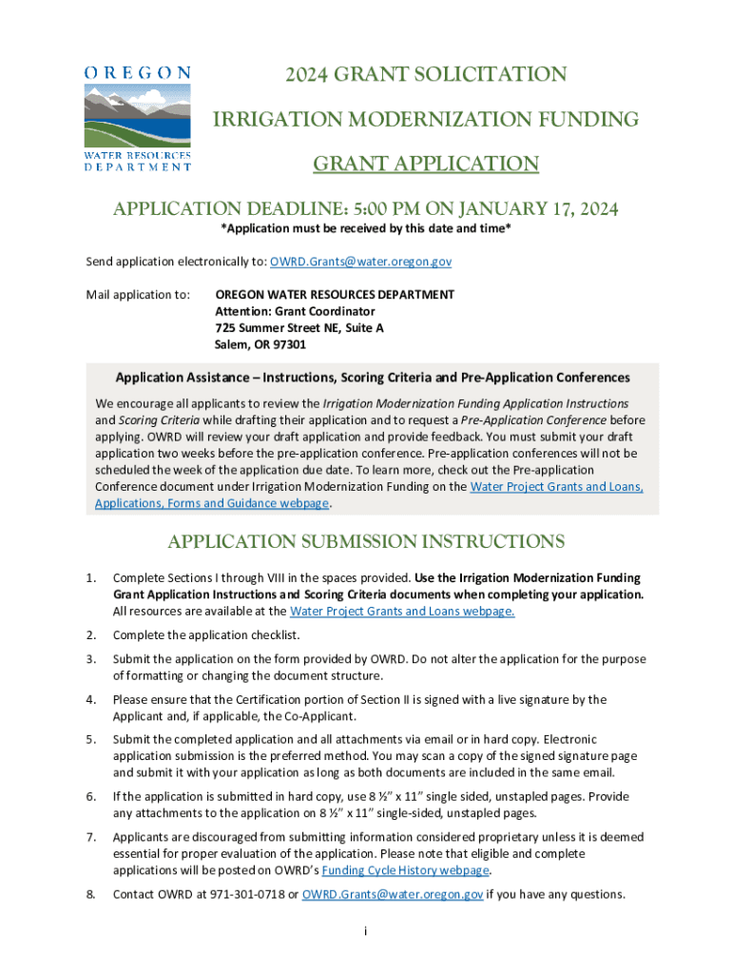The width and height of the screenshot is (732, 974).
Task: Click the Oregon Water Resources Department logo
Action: (x=138, y=117)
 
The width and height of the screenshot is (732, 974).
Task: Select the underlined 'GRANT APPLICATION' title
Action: (x=426, y=165)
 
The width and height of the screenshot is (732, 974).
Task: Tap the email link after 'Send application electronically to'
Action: (x=360, y=261)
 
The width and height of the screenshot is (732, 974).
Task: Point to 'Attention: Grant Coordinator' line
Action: (x=295, y=311)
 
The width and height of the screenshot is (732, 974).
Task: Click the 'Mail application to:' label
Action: (x=139, y=295)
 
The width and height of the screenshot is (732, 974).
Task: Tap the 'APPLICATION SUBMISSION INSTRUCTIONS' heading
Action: (x=366, y=542)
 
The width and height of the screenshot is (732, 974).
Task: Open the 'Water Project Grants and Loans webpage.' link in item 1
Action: (x=401, y=612)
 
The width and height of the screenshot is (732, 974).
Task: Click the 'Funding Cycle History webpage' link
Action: (x=406, y=870)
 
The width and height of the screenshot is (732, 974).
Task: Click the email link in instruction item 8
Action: (x=392, y=894)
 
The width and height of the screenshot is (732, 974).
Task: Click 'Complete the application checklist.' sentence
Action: (x=206, y=635)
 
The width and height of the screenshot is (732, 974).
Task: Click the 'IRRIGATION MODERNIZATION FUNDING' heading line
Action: (x=424, y=120)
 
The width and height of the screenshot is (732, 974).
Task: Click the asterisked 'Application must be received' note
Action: (x=366, y=231)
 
